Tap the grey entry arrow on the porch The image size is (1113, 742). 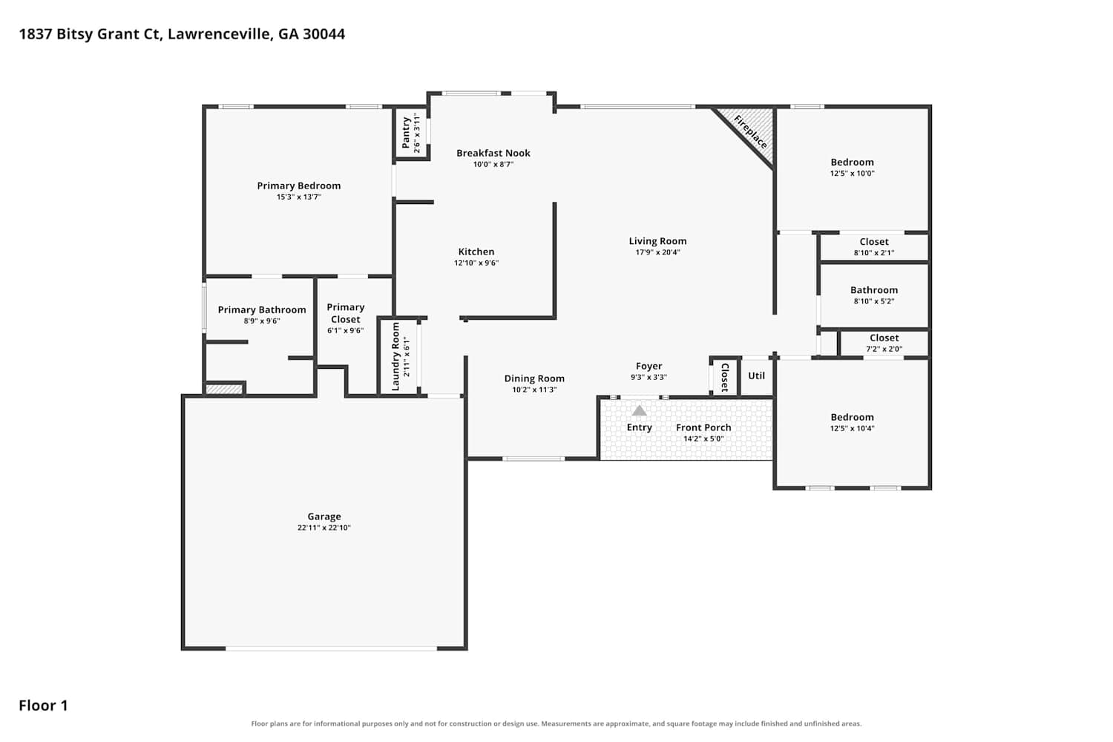point(639,410)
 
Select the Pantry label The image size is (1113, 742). point(406,133)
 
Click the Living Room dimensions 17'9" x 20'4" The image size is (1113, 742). point(658,252)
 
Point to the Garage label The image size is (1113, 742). point(324,516)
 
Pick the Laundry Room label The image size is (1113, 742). point(395,356)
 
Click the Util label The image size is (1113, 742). point(756,375)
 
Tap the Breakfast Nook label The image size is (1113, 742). point(493,153)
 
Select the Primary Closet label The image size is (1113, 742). point(346,313)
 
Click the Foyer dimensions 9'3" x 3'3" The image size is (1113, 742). point(649,377)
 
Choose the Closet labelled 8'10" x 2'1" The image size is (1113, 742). point(874,242)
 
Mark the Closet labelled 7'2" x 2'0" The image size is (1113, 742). point(884,338)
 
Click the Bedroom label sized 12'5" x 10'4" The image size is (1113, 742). point(852,417)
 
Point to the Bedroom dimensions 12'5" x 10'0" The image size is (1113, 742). point(852,174)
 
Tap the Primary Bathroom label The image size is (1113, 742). point(262,309)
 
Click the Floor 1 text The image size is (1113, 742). point(43,705)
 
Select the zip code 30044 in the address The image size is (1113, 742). point(324,34)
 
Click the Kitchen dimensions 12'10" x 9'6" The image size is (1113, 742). point(476,263)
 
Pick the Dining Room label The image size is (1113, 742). point(534,378)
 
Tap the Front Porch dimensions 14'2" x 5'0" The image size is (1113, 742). point(703,439)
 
